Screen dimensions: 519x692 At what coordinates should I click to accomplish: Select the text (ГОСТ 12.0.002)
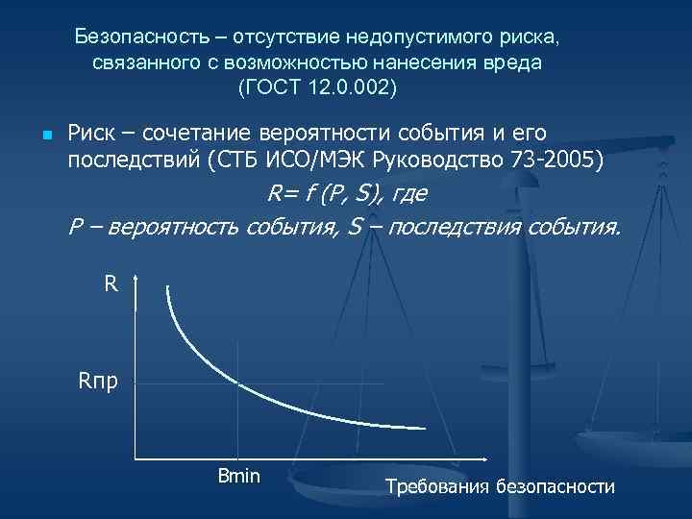316,86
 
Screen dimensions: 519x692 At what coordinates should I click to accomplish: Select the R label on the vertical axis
111,284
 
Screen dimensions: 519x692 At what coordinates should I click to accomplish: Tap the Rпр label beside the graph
100,383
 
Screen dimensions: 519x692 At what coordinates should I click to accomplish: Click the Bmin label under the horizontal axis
238,476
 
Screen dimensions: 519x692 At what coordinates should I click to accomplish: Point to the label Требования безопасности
499,486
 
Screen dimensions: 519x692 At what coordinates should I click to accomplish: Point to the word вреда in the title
514,62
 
